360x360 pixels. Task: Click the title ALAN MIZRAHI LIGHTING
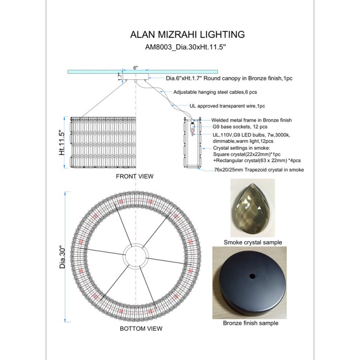tap(187, 35)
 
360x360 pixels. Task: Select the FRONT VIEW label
tap(135, 176)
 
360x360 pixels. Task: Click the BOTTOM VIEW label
tap(141, 328)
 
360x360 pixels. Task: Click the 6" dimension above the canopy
tap(135, 67)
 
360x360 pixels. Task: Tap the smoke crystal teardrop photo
tap(252, 208)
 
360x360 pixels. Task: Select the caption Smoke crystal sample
tap(253, 243)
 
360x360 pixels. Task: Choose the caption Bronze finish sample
tap(251, 323)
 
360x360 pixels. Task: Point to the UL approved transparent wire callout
tap(227, 106)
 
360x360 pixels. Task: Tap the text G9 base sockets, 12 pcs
tap(240, 127)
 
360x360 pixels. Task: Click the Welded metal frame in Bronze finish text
tap(251, 120)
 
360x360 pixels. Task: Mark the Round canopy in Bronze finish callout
tap(229, 78)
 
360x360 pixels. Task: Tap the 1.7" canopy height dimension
tap(120, 77)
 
